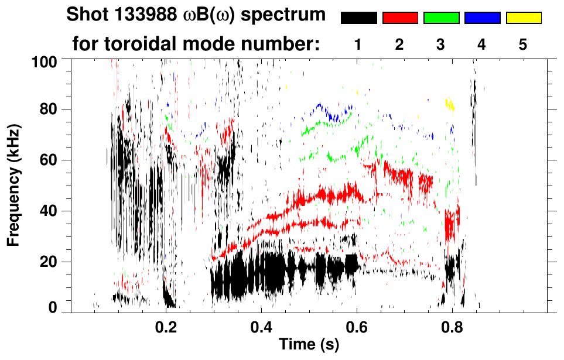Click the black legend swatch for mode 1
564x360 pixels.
pyautogui.click(x=359, y=18)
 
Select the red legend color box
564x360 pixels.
pyautogui.click(x=400, y=18)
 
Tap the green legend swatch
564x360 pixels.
pyautogui.click(x=441, y=18)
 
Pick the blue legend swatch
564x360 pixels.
pyautogui.click(x=482, y=18)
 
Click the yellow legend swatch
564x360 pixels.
pyautogui.click(x=524, y=18)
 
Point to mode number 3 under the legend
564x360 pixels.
pyautogui.click(x=441, y=44)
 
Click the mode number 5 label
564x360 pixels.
pyautogui.click(x=523, y=44)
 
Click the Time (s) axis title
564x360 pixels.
pyautogui.click(x=308, y=345)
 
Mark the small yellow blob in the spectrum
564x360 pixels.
pyautogui.click(x=450, y=104)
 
